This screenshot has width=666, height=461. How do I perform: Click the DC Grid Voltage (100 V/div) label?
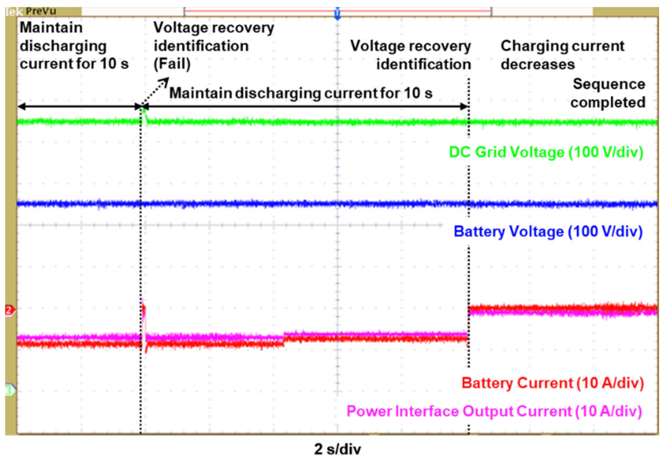pyautogui.click(x=546, y=152)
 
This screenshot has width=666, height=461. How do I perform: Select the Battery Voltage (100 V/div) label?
pyautogui.click(x=548, y=232)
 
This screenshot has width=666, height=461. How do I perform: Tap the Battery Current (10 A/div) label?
pyautogui.click(x=553, y=383)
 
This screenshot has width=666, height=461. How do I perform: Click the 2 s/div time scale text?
pyautogui.click(x=337, y=449)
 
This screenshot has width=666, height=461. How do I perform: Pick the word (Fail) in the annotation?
pyautogui.click(x=172, y=64)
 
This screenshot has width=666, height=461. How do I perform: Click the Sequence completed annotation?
pyautogui.click(x=608, y=93)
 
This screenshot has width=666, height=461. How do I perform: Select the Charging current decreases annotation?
pyautogui.click(x=562, y=55)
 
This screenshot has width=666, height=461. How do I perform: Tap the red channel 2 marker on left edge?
pyautogui.click(x=9, y=310)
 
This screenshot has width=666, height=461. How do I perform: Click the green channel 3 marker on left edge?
pyautogui.click(x=10, y=390)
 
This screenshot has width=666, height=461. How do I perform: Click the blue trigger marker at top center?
pyautogui.click(x=337, y=14)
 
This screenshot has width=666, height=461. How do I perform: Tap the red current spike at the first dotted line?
pyautogui.click(x=144, y=310)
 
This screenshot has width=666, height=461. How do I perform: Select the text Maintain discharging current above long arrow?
pyautogui.click(x=300, y=93)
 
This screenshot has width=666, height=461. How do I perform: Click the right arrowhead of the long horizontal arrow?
pyautogui.click(x=464, y=107)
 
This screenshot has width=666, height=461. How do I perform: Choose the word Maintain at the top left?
pyautogui.click(x=51, y=28)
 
